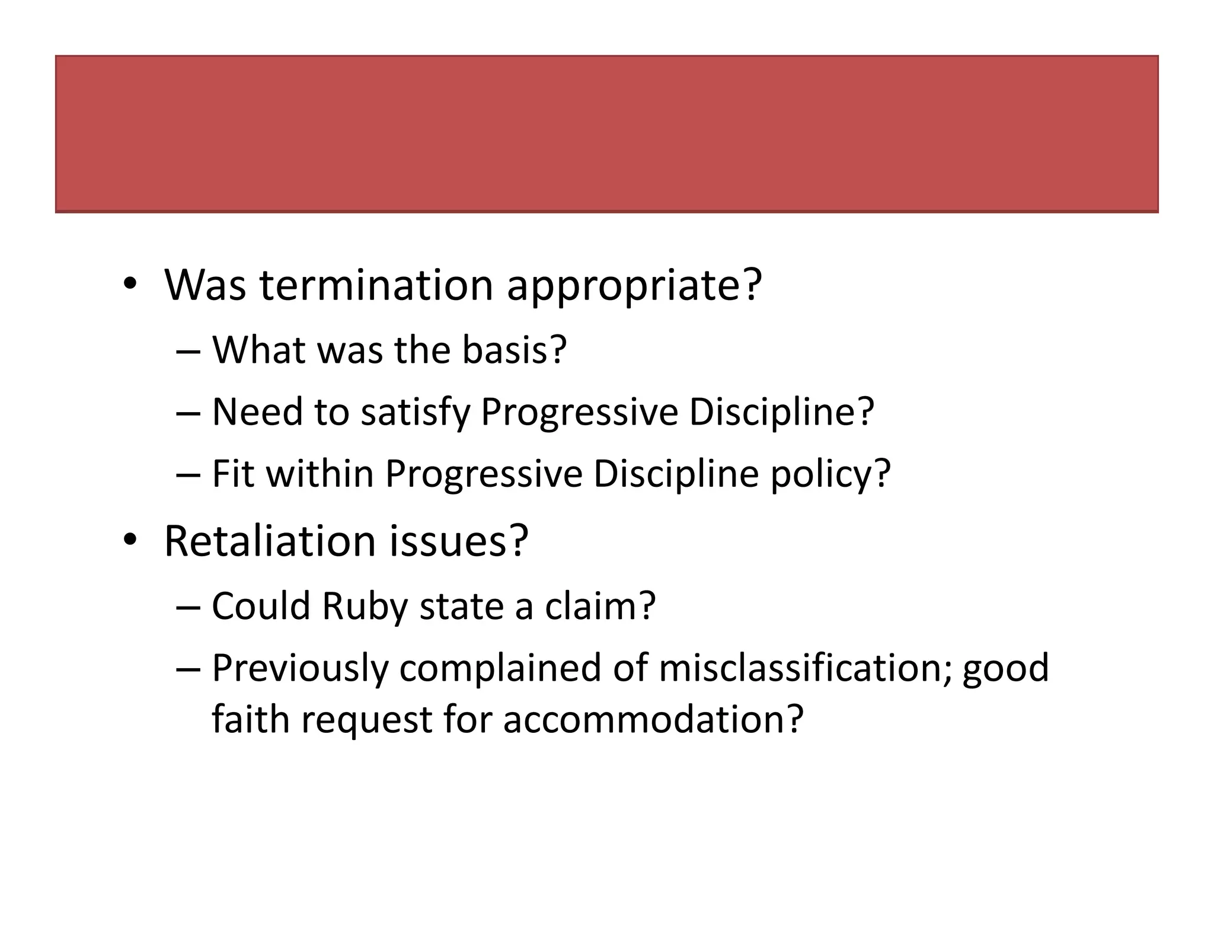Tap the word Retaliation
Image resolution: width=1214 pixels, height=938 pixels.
[x=270, y=541]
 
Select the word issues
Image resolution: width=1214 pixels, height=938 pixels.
[x=458, y=541]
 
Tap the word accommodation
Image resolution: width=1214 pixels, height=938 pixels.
[x=653, y=719]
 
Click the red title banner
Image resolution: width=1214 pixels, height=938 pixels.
[x=606, y=134]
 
